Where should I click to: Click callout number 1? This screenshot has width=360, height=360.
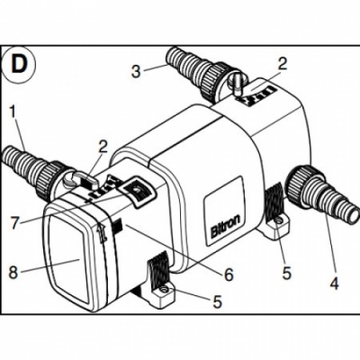[x=13, y=115]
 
